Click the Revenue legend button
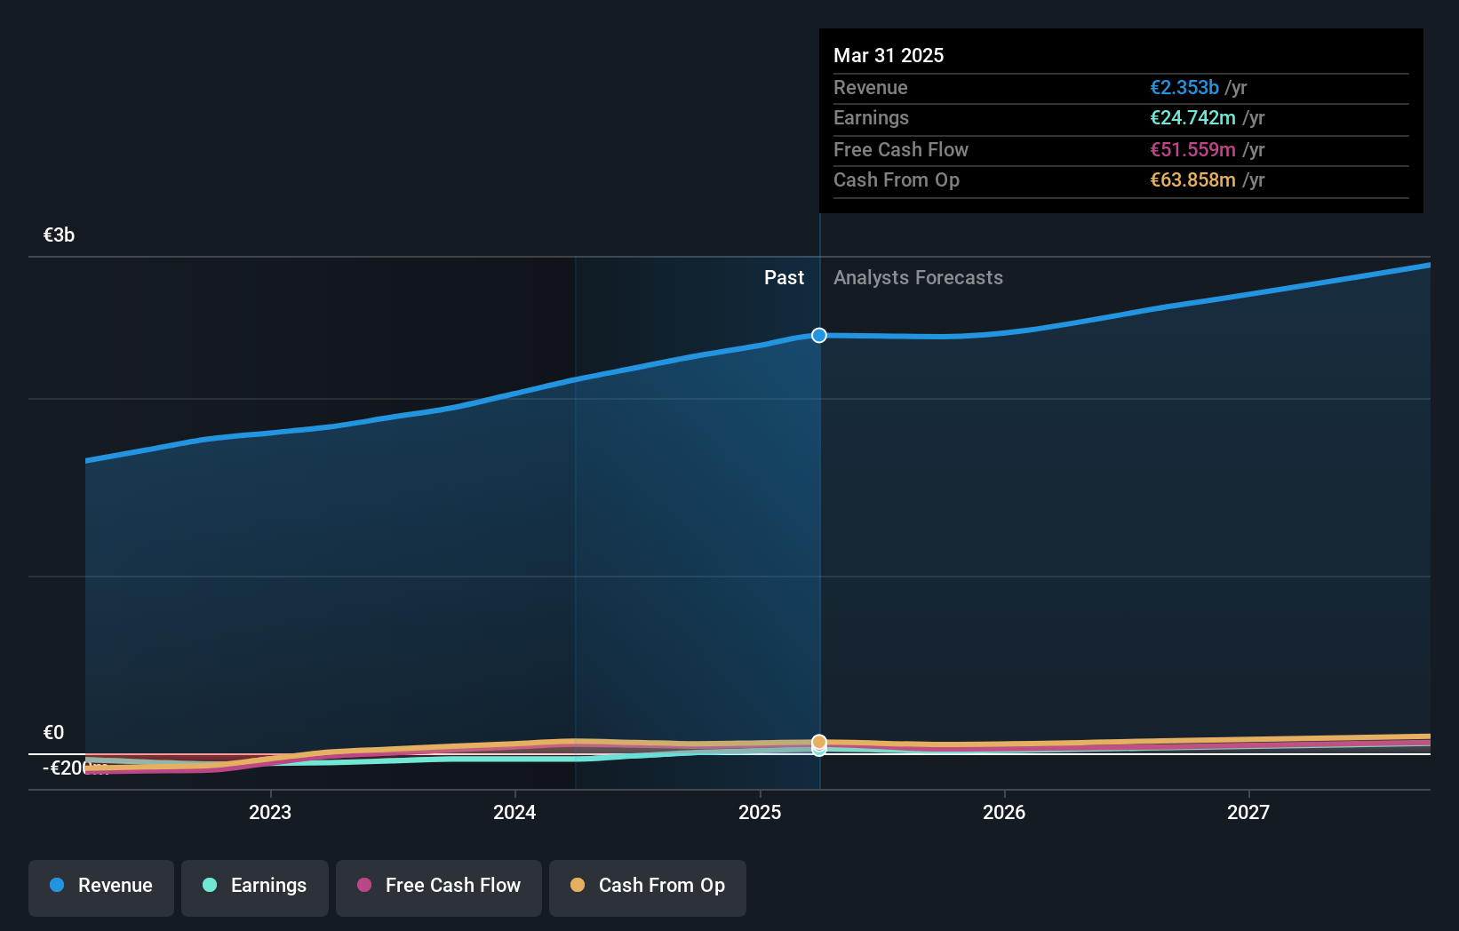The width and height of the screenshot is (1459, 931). pos(101,887)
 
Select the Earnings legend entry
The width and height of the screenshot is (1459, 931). pos(255,887)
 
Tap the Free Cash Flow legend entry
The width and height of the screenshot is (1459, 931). pos(439,887)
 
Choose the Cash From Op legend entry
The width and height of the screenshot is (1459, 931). pos(648,887)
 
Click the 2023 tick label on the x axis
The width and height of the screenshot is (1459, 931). pos(270,813)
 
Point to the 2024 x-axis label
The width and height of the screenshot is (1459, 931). pos(514,813)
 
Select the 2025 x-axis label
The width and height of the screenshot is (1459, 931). pos(760,813)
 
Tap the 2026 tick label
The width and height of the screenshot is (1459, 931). pos(1004,813)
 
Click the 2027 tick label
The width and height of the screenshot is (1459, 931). pos(1248,813)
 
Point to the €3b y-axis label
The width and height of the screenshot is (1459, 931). pos(59,235)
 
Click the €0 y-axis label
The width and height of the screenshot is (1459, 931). pos(53,733)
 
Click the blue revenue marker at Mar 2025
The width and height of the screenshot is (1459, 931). pos(819,335)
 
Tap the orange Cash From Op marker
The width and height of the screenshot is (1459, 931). pos(819,741)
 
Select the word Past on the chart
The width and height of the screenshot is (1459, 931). pos(784,278)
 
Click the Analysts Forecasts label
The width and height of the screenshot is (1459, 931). pos(918,278)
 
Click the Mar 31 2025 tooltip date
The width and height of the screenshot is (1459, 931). pos(889,55)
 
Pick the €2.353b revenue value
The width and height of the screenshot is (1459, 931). pos(1184,88)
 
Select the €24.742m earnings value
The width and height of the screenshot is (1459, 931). pos(1192,118)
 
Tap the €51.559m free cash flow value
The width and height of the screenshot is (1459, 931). pos(1192,150)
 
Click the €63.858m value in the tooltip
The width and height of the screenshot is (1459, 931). pos(1192,180)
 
